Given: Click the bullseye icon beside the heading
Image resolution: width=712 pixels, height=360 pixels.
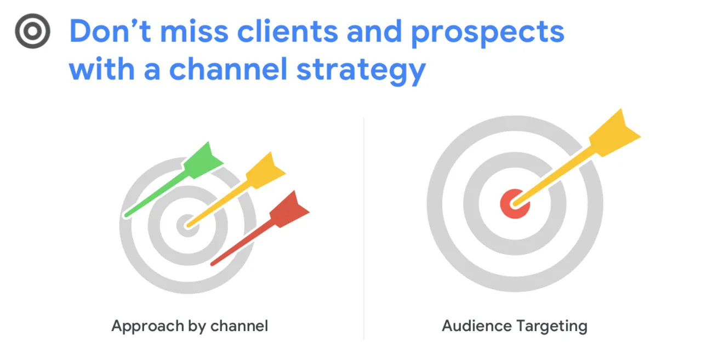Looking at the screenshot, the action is pos(32,31).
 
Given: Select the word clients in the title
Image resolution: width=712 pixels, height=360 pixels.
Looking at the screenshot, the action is pos(287,31).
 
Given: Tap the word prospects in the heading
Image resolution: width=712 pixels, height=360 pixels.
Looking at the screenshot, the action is pos(488,33).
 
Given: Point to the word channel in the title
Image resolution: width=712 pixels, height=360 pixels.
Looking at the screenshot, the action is pos(228,68).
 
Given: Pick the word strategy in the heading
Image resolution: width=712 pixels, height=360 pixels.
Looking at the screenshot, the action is pos(361,71).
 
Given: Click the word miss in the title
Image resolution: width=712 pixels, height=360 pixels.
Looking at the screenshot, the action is pos(194,31).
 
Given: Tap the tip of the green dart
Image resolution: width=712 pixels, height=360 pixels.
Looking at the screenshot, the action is pos(127,215).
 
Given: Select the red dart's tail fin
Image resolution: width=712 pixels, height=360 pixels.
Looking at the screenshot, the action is pos(289,209).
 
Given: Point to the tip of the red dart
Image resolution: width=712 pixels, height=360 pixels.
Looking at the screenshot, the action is pos(213,264).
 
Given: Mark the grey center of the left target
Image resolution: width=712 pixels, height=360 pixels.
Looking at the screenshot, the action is pos(187,226).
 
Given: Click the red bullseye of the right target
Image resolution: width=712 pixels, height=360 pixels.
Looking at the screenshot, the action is pos(515,204).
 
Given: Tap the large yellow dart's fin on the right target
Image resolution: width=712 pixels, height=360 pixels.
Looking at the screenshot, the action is pos(614,133).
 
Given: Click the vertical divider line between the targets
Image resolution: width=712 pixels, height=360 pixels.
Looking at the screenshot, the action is pos(363,228).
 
